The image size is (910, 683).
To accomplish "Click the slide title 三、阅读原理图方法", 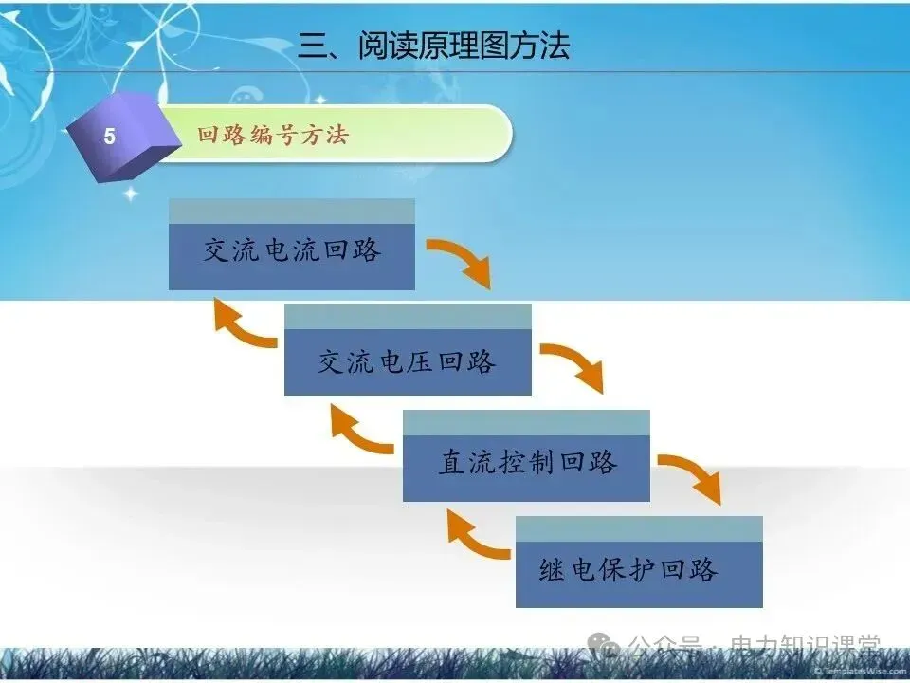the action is (434, 46).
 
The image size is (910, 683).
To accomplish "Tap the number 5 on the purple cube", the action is (109, 137).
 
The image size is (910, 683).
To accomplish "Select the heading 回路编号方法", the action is (273, 135).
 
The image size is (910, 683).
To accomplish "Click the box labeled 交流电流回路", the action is (292, 250).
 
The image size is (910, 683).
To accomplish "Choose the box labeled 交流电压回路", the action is (408, 360).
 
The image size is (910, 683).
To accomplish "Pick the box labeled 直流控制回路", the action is (526, 462).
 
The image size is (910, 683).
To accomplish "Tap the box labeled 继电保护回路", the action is (639, 569).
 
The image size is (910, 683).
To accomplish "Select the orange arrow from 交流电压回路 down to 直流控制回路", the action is (574, 365).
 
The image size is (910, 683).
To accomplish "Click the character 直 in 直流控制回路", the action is (451, 462).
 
